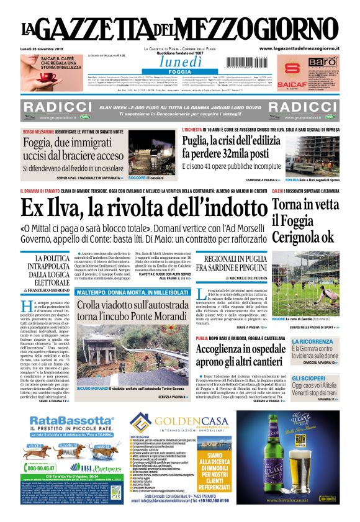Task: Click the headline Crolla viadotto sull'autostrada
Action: point(133,308)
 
